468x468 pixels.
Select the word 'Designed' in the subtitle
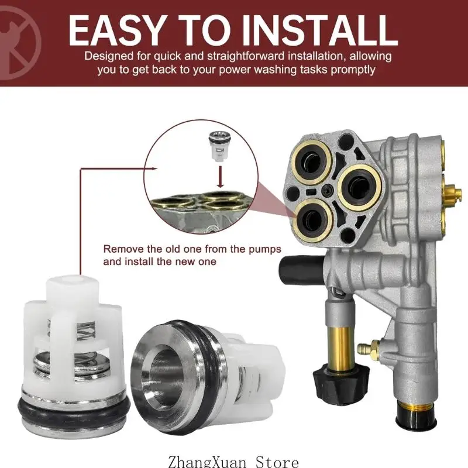(109, 56)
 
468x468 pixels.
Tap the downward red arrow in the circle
(221, 177)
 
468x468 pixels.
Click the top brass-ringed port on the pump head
(313, 163)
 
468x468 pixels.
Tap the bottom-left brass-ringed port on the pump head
(314, 221)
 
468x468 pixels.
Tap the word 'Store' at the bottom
(277, 462)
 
